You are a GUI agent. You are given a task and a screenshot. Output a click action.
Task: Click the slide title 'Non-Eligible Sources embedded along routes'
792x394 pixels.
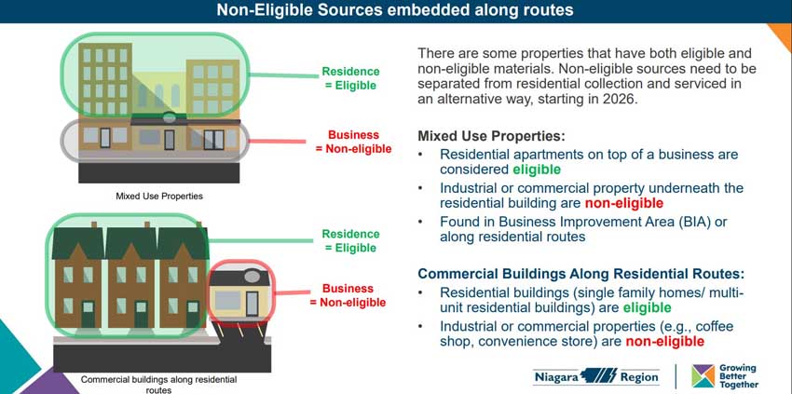tap(395, 11)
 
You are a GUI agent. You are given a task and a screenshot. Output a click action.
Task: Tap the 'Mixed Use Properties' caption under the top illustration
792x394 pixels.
tap(159, 197)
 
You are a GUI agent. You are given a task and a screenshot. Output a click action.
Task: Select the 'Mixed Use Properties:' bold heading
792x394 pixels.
tap(491, 135)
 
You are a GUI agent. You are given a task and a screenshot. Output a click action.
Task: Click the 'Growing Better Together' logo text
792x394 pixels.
tap(738, 376)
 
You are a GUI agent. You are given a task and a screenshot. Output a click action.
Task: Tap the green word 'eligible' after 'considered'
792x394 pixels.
tap(537, 170)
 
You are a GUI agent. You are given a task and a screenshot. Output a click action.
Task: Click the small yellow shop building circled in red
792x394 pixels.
tap(241, 293)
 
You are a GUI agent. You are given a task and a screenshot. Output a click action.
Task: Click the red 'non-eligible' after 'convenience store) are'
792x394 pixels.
tap(664, 342)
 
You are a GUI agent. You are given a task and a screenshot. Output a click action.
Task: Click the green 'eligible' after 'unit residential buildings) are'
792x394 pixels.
tap(647, 307)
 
